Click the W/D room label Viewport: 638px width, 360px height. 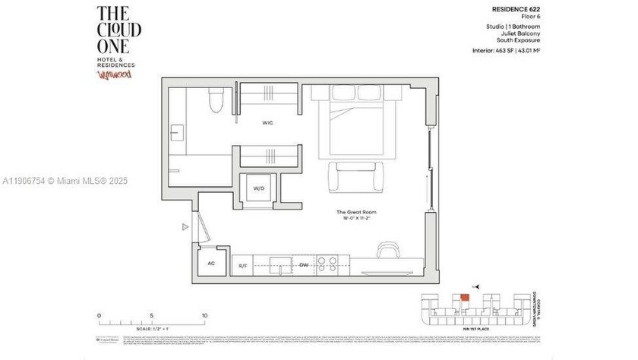coord(258,188)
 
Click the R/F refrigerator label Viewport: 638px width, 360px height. coord(243,266)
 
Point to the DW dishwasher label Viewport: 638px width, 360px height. coord(303,266)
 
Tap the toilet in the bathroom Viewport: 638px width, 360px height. coord(216,100)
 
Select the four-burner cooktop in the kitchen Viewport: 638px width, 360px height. coord(327,264)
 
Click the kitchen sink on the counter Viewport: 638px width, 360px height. coord(283,266)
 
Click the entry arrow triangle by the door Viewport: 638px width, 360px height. coord(185,226)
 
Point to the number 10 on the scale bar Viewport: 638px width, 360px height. coord(204,315)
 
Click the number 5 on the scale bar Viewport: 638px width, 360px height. coord(151,315)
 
